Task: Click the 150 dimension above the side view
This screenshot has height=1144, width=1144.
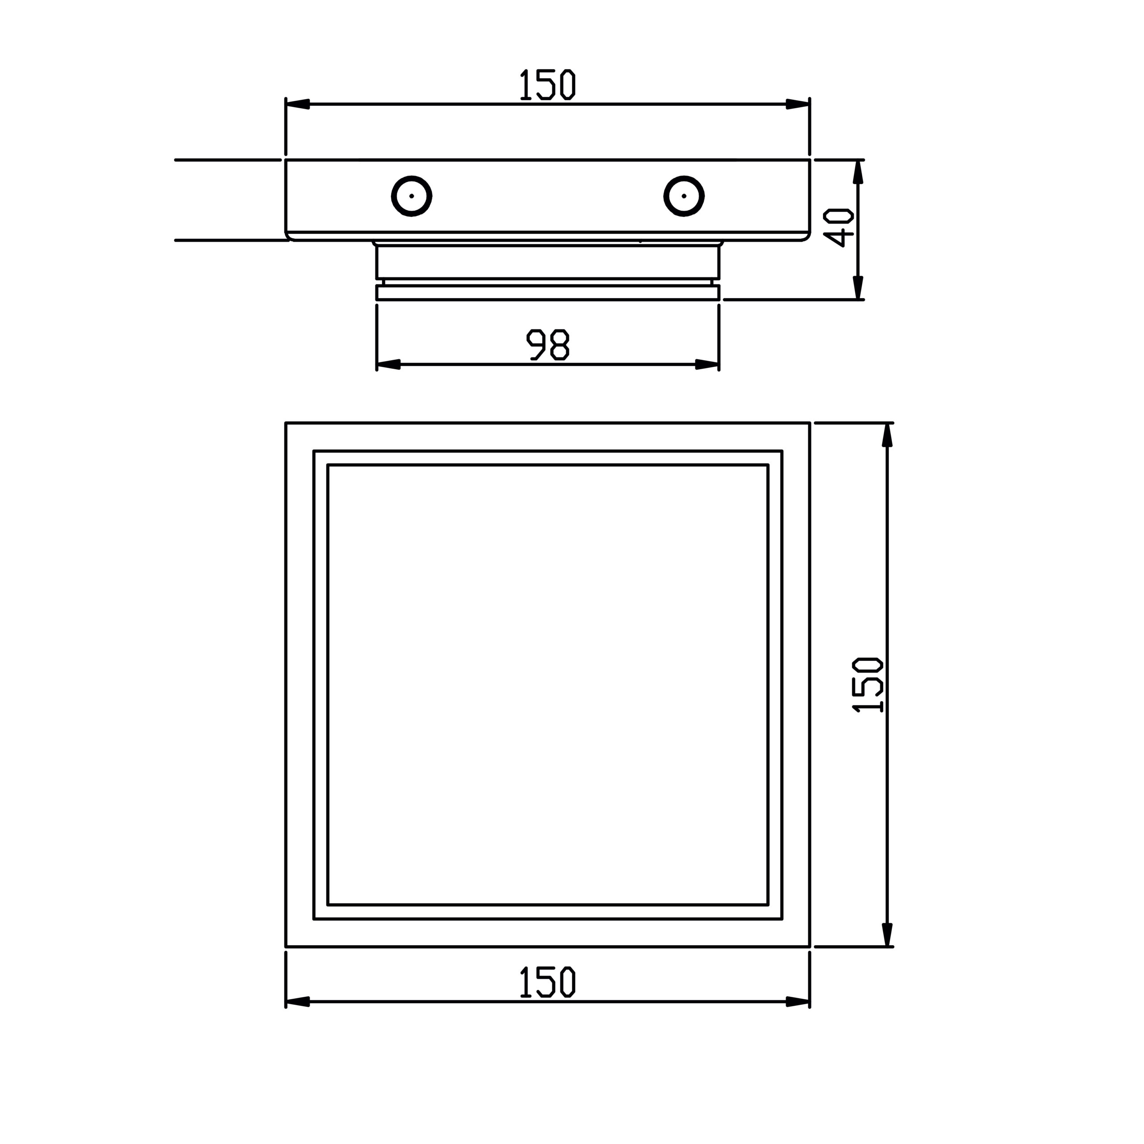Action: click(x=547, y=84)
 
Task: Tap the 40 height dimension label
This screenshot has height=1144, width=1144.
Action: click(x=838, y=227)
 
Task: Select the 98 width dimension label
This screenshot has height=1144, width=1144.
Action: click(x=548, y=345)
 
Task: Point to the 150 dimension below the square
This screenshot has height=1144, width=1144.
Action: click(x=547, y=982)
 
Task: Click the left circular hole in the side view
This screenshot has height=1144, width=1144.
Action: click(x=412, y=196)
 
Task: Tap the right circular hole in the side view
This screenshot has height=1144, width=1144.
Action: click(x=684, y=196)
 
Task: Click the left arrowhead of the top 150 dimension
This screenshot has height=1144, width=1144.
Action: click(x=297, y=104)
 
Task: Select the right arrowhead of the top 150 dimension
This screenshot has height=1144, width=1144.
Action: click(x=798, y=104)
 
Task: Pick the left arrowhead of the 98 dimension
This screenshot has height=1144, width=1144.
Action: click(x=388, y=364)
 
